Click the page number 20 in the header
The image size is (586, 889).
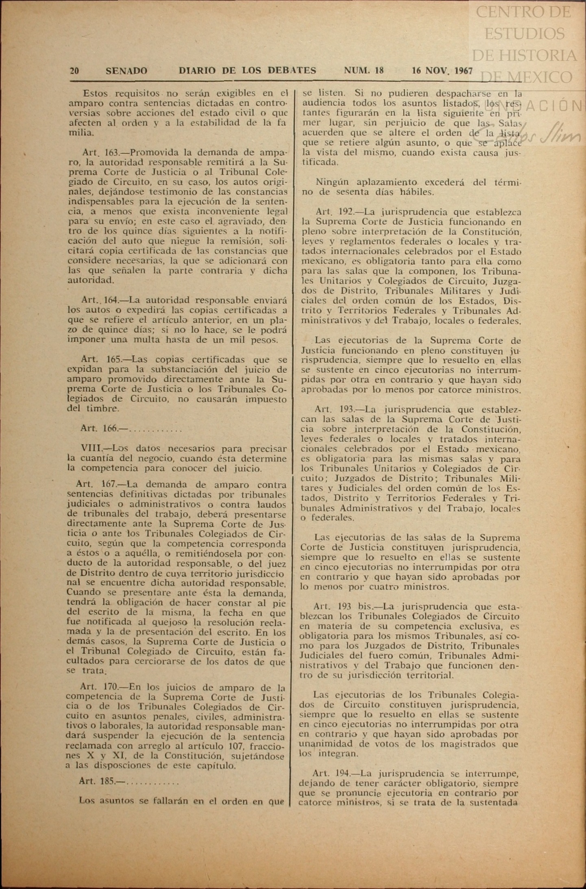tap(74, 71)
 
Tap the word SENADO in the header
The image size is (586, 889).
tap(126, 71)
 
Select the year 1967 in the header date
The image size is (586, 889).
tap(464, 71)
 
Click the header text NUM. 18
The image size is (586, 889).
tap(364, 70)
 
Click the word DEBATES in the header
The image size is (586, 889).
tap(292, 70)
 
